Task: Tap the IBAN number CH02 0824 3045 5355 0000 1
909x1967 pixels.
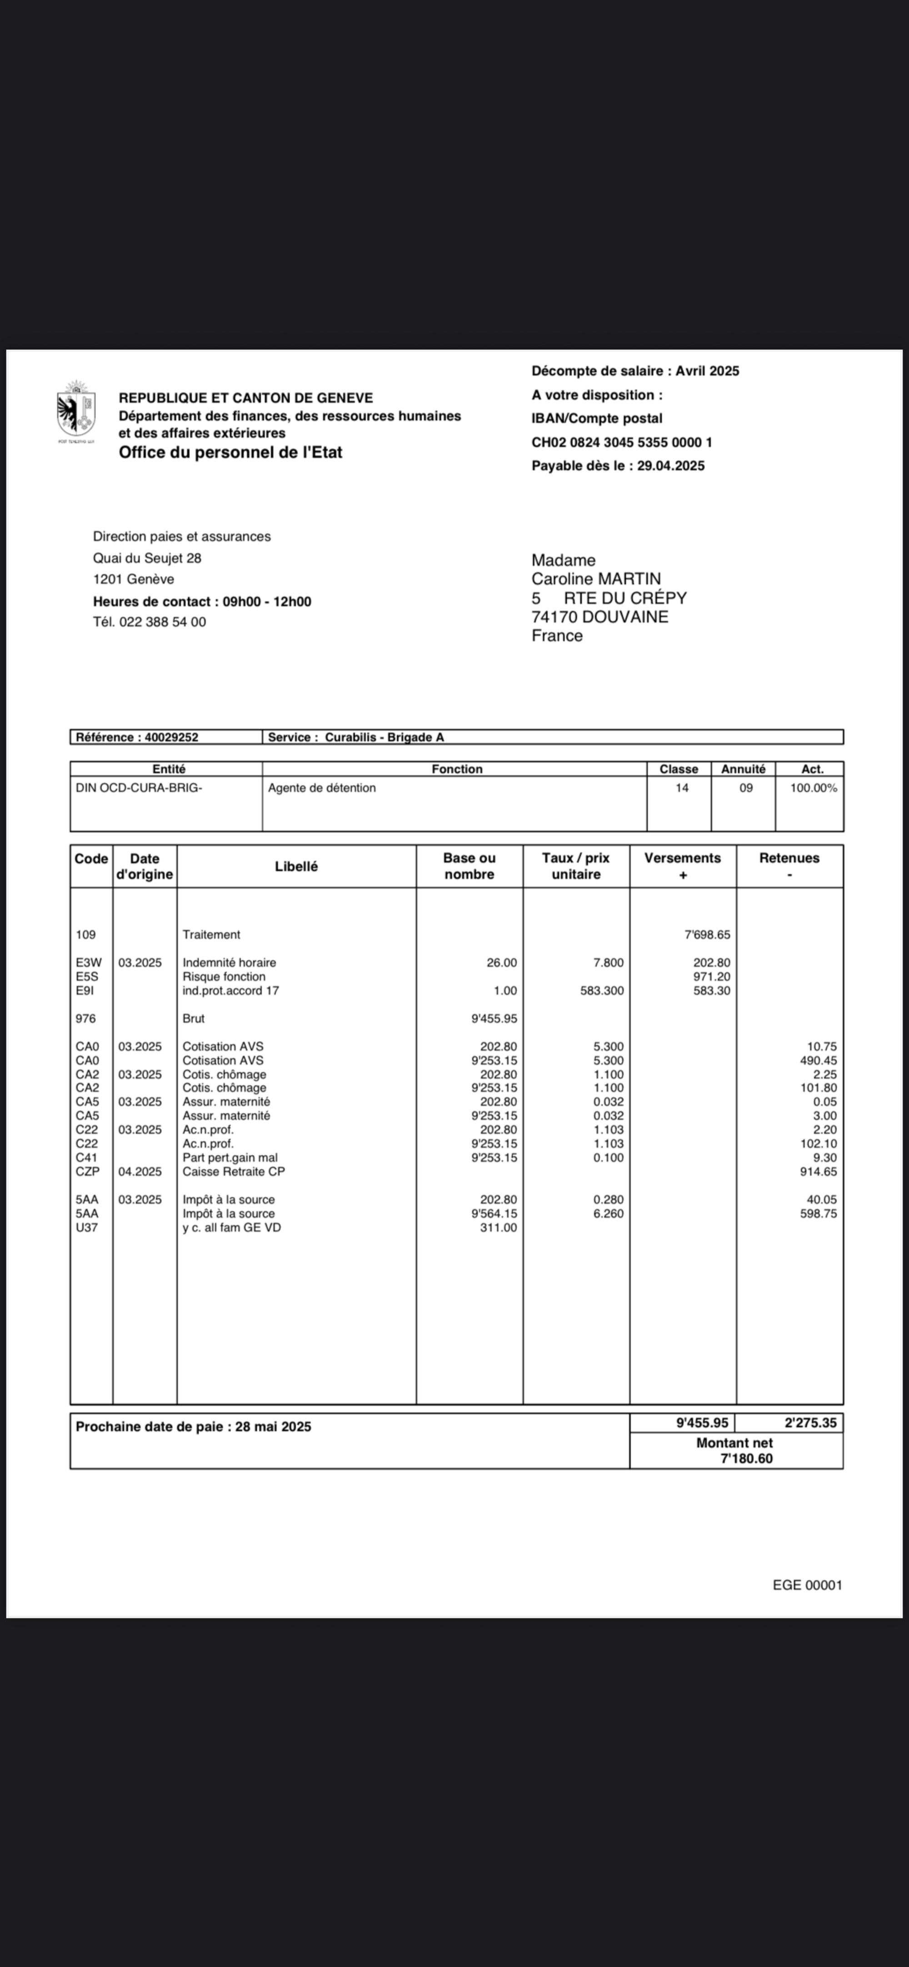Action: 622,442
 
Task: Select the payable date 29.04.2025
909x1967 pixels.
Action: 671,466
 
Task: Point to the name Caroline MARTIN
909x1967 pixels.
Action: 596,579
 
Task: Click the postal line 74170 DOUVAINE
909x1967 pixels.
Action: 599,617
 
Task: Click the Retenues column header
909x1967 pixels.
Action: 789,858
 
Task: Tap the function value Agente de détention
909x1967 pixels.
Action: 322,787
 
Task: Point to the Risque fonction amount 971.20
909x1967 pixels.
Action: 711,977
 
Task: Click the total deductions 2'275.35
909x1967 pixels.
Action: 810,1423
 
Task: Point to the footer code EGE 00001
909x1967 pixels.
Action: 807,1585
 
